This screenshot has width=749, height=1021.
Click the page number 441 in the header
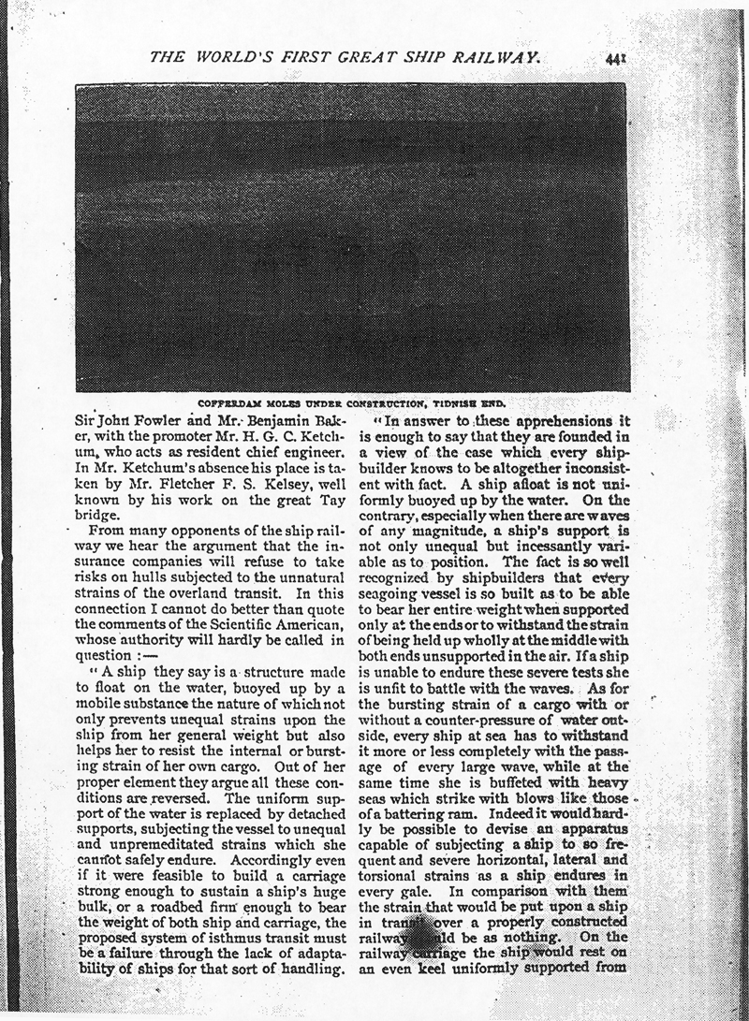click(616, 59)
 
